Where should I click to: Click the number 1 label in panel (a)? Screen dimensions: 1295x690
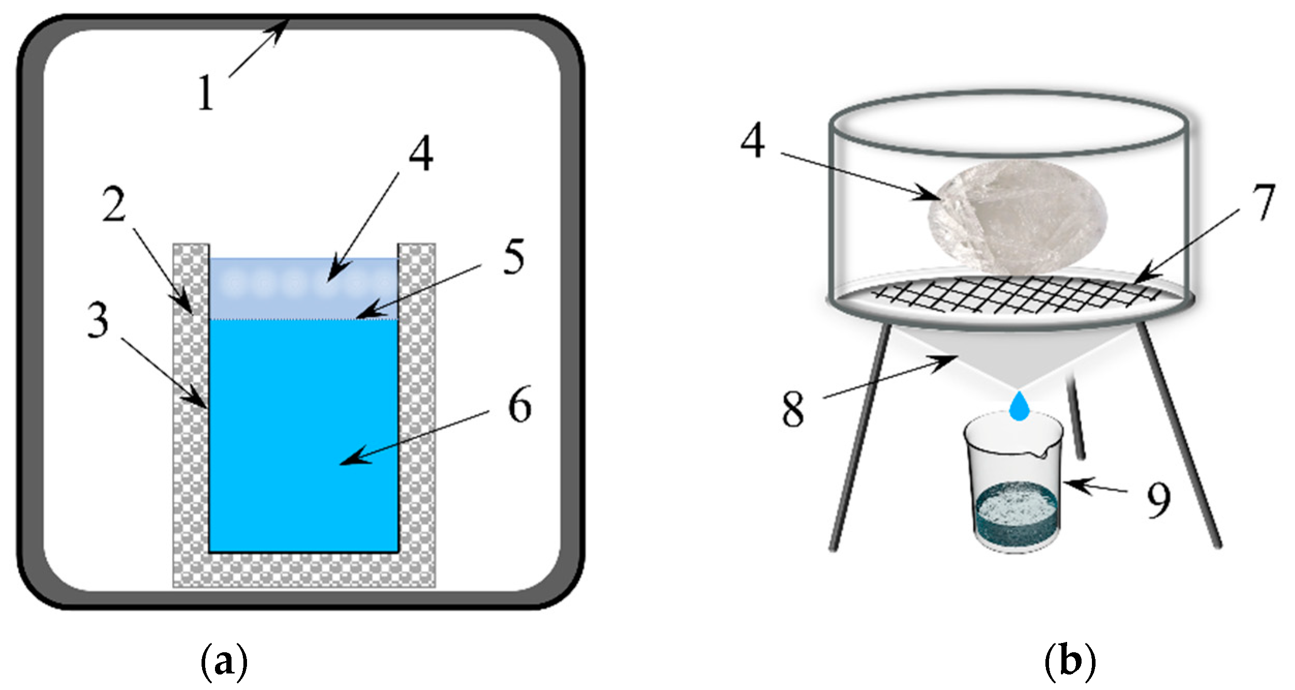(206, 92)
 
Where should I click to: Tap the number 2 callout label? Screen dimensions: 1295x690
(114, 204)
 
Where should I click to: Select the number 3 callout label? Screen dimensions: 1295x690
(98, 320)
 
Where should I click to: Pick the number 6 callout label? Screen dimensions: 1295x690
(519, 405)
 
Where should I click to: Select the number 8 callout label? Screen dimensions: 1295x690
(793, 408)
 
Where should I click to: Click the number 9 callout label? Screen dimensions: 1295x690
(1159, 500)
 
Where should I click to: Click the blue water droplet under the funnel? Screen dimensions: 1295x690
(1019, 406)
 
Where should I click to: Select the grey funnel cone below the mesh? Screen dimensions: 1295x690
(1017, 357)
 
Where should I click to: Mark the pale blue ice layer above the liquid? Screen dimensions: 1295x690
(303, 288)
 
